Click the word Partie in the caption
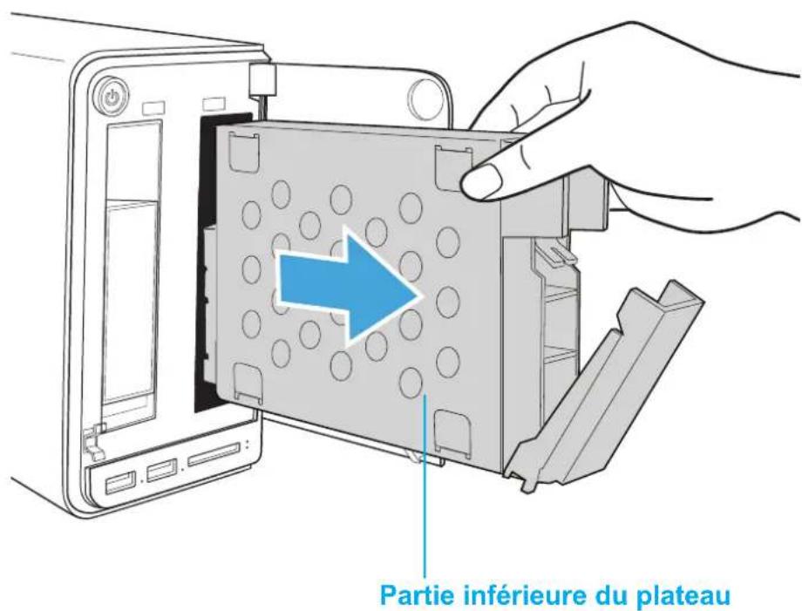(x=418, y=595)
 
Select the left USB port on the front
(x=120, y=482)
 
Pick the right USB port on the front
(x=162, y=471)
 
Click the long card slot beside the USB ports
(x=214, y=454)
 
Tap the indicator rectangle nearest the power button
(x=154, y=109)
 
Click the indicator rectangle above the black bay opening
(x=214, y=104)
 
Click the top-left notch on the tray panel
(x=242, y=152)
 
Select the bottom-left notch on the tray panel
(x=248, y=382)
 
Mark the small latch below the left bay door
(x=92, y=439)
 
